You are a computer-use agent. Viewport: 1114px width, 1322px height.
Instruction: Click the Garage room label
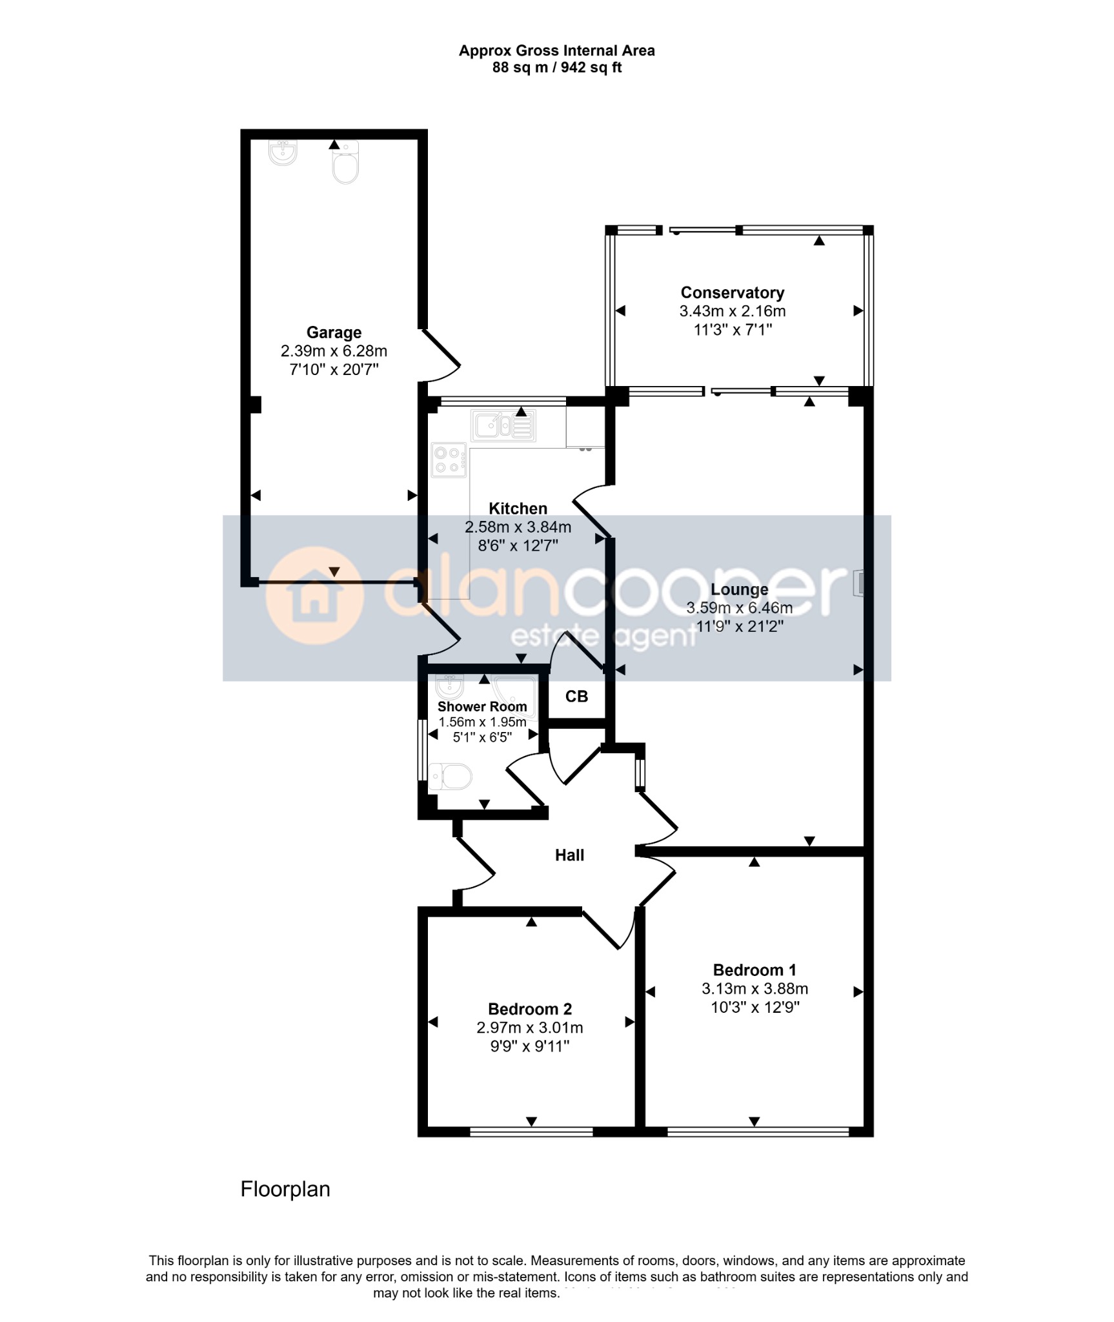click(334, 332)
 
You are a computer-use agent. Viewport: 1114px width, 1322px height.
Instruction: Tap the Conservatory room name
click(733, 293)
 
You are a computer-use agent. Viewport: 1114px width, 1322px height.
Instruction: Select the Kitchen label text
click(518, 509)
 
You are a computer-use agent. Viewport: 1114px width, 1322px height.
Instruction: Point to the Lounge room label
click(740, 589)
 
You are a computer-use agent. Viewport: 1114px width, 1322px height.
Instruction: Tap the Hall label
click(569, 855)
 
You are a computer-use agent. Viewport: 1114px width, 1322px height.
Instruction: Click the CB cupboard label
click(576, 697)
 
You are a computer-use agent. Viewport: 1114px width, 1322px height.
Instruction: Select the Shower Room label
click(482, 707)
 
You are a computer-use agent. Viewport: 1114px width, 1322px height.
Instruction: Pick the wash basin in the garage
click(283, 152)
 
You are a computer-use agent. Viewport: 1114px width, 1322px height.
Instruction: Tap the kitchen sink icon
click(503, 426)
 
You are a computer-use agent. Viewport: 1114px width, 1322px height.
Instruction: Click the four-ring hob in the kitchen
click(449, 460)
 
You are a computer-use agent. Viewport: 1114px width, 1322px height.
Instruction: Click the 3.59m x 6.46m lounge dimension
click(740, 608)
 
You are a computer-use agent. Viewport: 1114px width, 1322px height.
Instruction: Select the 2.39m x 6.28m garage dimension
click(334, 351)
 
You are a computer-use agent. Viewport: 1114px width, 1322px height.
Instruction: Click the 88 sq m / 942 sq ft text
click(556, 67)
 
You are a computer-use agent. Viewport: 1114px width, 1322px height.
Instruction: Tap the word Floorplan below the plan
click(285, 1189)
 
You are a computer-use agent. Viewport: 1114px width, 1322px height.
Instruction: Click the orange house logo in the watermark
click(314, 595)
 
